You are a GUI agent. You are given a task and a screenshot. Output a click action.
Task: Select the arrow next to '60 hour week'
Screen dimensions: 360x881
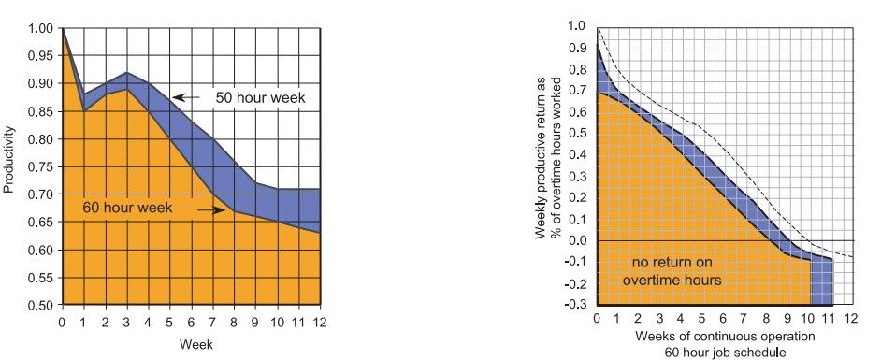coord(214,210)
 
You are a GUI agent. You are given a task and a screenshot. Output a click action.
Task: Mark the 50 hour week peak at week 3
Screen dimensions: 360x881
coord(127,73)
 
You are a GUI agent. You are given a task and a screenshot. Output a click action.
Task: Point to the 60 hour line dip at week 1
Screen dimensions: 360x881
coord(84,111)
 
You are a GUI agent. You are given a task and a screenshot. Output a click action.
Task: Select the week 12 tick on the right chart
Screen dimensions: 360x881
coord(851,320)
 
